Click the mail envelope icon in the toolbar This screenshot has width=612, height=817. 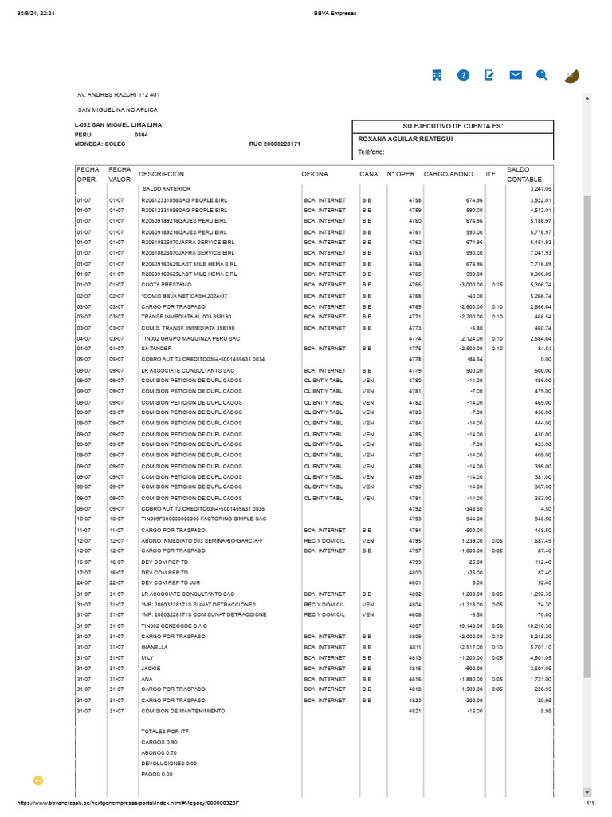(x=516, y=75)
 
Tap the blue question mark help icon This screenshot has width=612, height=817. (x=463, y=75)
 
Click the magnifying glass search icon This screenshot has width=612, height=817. (x=542, y=75)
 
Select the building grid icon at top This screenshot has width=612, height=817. (x=437, y=75)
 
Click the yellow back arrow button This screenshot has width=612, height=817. (x=37, y=780)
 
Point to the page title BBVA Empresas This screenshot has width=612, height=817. (x=305, y=13)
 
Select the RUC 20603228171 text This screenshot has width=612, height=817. (x=275, y=144)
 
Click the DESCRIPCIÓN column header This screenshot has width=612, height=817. (x=161, y=174)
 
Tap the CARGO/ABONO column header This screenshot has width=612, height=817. (x=448, y=174)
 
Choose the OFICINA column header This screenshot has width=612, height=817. (x=314, y=174)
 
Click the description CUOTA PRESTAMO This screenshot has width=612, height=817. (x=164, y=285)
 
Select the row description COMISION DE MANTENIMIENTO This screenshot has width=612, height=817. (x=182, y=711)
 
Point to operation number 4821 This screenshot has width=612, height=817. (x=414, y=711)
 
